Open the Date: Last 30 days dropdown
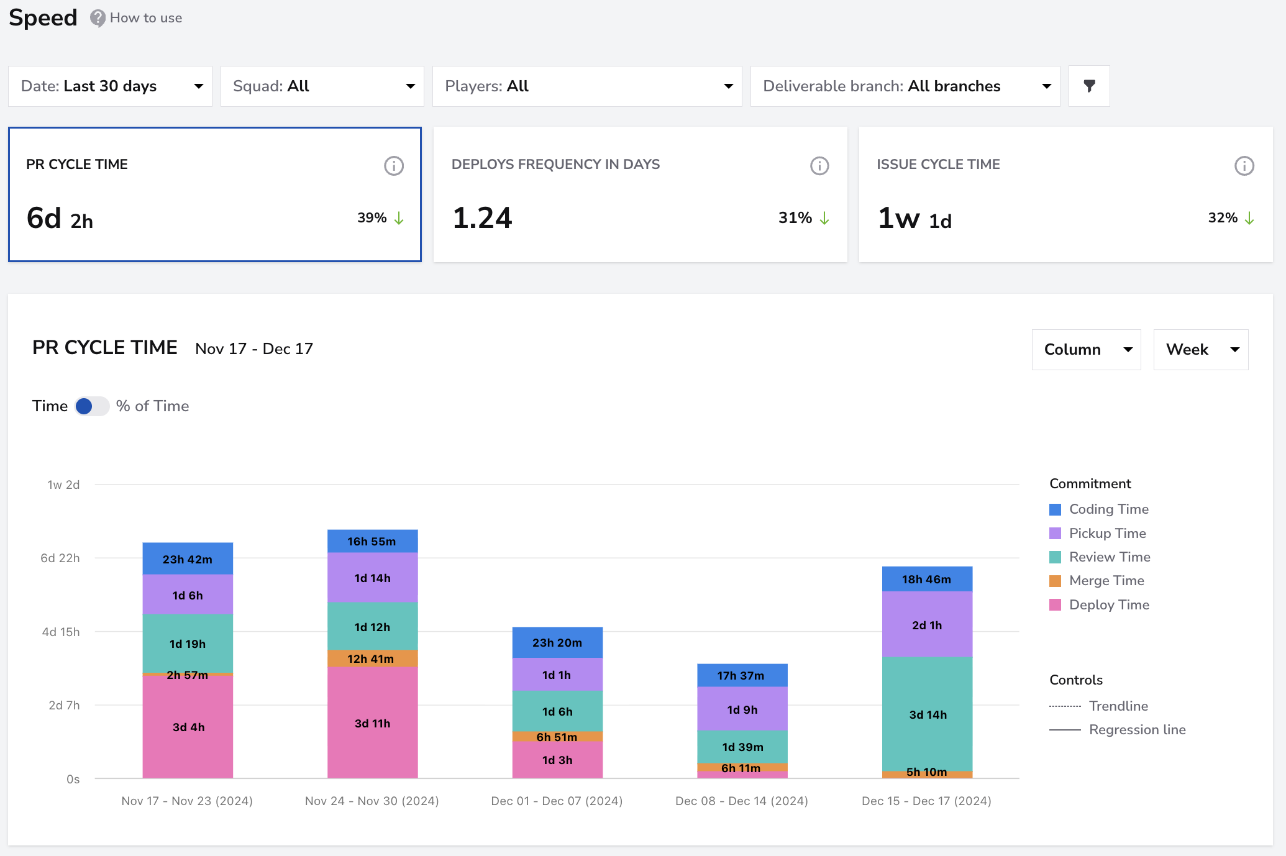[x=110, y=86]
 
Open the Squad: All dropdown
[x=322, y=86]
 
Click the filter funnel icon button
[x=1089, y=86]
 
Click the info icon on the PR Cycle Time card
[x=394, y=166]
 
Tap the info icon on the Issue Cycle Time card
[x=1244, y=166]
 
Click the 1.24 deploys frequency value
[x=482, y=218]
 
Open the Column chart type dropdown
[x=1086, y=350]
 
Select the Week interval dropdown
[x=1200, y=350]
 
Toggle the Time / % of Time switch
[x=92, y=406]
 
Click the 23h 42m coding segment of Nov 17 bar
[x=188, y=559]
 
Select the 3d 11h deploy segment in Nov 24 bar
[x=373, y=722]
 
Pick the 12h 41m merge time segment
[x=373, y=658]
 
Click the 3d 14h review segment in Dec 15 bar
[x=928, y=714]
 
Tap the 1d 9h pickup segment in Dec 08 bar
[x=742, y=709]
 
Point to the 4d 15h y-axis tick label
[x=61, y=632]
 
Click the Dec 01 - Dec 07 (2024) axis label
[x=557, y=801]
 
